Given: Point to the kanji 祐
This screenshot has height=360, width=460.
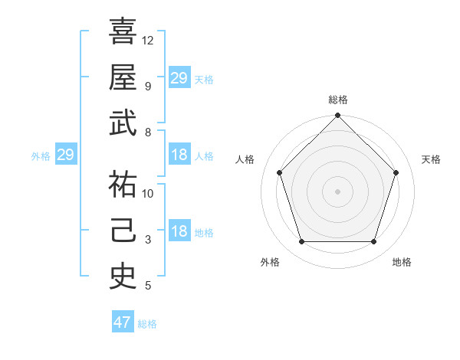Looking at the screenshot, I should point(123,184).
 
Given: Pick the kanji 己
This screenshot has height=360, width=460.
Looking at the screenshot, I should point(123,231).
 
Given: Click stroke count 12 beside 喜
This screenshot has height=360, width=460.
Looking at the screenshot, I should point(148,40).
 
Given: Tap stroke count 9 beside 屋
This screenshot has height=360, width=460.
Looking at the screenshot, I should point(148,86).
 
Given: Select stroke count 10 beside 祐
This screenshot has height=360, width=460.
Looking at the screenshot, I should point(148,194).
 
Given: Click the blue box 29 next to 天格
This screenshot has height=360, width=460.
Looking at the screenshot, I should point(179,77).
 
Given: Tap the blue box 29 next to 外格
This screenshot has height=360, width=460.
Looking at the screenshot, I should point(65,155).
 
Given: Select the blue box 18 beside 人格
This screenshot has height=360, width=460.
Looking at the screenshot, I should point(179,155).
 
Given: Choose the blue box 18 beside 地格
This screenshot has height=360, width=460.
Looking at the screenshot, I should point(179,232).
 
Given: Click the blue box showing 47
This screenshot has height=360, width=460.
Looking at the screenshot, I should point(123,322).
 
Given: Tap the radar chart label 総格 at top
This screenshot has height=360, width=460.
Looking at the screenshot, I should point(337,100).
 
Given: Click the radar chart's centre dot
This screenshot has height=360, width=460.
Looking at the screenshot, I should point(337,191).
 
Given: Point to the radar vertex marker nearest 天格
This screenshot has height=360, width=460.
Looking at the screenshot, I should point(396,172).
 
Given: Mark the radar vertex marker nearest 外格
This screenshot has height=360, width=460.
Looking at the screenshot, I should point(301,242).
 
